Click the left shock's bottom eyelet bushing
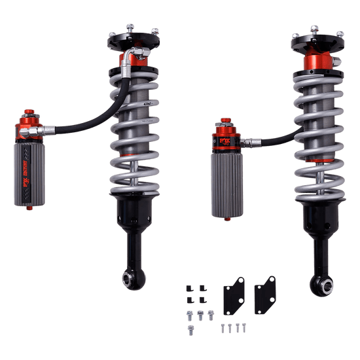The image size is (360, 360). pos(129,278)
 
